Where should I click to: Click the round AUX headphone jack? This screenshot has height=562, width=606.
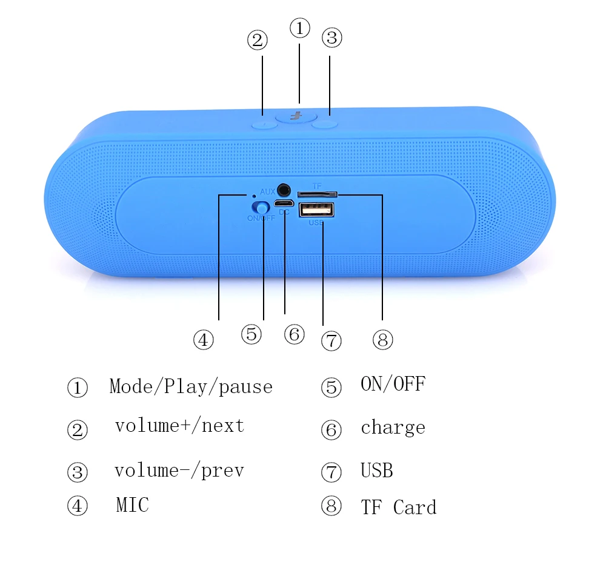point(284,190)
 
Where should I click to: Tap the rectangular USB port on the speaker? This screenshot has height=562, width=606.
point(316,210)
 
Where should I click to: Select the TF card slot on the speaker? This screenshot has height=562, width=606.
point(318,194)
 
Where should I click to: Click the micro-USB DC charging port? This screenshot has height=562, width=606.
point(284,203)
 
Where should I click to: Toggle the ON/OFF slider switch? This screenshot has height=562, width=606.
point(261,208)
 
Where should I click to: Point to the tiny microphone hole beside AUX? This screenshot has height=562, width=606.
point(253,196)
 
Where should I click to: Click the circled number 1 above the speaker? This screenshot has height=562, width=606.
point(300,28)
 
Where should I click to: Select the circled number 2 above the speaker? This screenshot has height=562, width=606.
point(258,40)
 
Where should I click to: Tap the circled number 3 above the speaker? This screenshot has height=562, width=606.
point(332,38)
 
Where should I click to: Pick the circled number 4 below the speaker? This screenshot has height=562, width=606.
point(203,340)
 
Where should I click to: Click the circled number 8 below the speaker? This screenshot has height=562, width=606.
point(382,340)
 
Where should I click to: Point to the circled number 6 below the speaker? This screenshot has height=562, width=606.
point(294,334)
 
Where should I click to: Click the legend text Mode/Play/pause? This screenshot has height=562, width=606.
point(191,386)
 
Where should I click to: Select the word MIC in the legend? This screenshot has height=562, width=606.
point(133,505)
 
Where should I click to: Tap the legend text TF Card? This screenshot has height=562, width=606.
point(399,507)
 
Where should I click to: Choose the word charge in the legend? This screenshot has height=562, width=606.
point(393,428)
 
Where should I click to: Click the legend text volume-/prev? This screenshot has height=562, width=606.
point(179,471)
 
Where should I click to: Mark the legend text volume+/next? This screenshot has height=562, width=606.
point(180,426)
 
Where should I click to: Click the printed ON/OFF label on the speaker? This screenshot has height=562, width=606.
point(261,218)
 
